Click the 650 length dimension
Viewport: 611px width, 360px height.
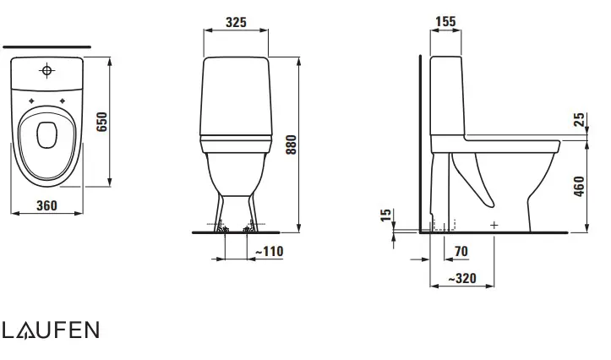coord(101,122)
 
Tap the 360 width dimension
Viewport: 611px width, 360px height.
coord(46,205)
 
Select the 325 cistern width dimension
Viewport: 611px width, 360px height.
coord(236,22)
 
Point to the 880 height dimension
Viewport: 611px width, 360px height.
coord(291,145)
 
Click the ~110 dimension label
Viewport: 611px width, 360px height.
coord(270,251)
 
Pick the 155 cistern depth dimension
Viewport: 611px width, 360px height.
coord(445,21)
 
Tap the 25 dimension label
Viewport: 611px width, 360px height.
coord(580,120)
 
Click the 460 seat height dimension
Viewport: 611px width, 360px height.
coord(580,186)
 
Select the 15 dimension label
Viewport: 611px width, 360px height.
coord(385,215)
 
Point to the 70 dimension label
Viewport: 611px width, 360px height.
coord(461,251)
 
